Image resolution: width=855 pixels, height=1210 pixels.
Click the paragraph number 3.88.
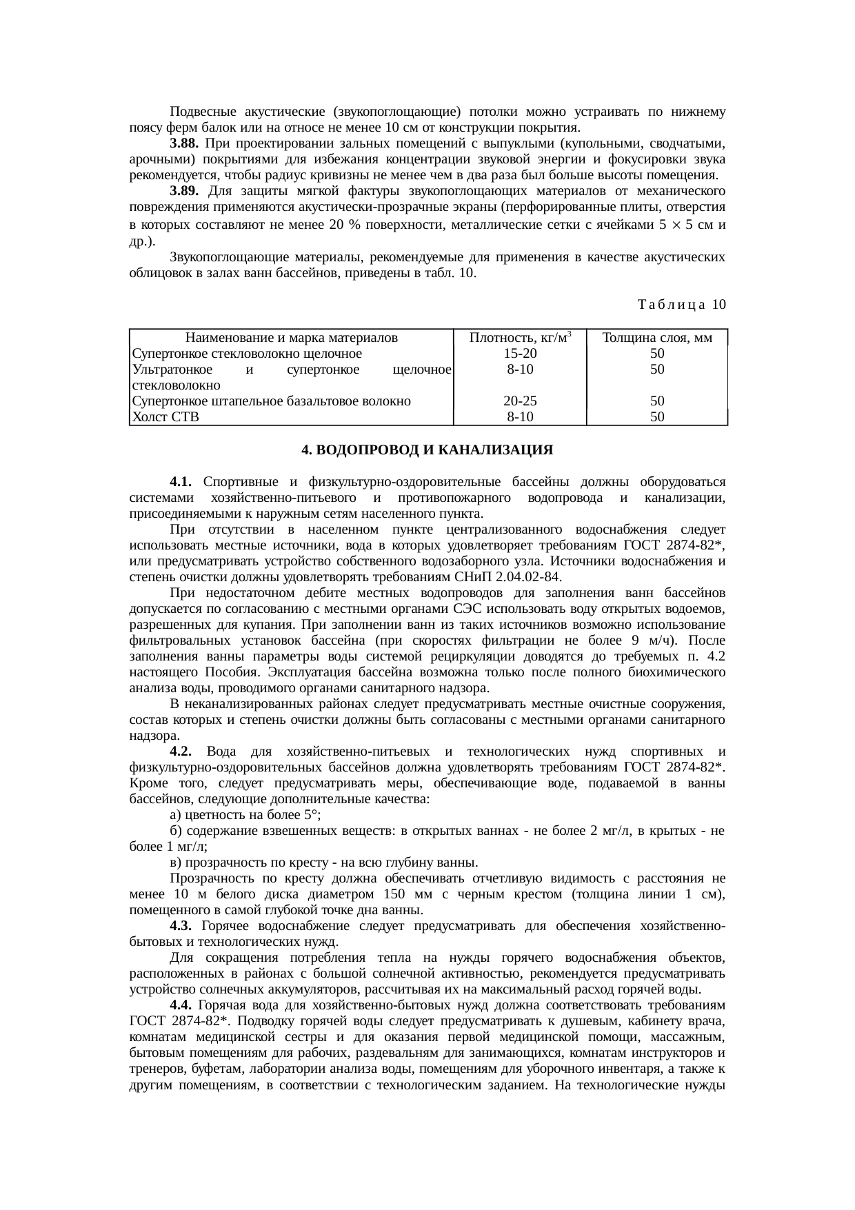(x=184, y=143)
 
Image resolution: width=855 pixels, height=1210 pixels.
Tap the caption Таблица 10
(x=681, y=304)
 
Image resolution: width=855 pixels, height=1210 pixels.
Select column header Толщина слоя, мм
(x=656, y=338)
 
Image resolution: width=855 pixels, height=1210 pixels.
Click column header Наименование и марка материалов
(x=291, y=338)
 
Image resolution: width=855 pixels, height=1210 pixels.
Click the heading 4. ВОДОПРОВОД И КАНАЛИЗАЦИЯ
(x=427, y=450)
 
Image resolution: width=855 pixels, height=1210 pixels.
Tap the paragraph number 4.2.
(x=182, y=751)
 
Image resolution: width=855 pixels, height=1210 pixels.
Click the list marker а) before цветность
(x=175, y=814)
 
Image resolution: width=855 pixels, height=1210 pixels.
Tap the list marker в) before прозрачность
(x=175, y=862)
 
